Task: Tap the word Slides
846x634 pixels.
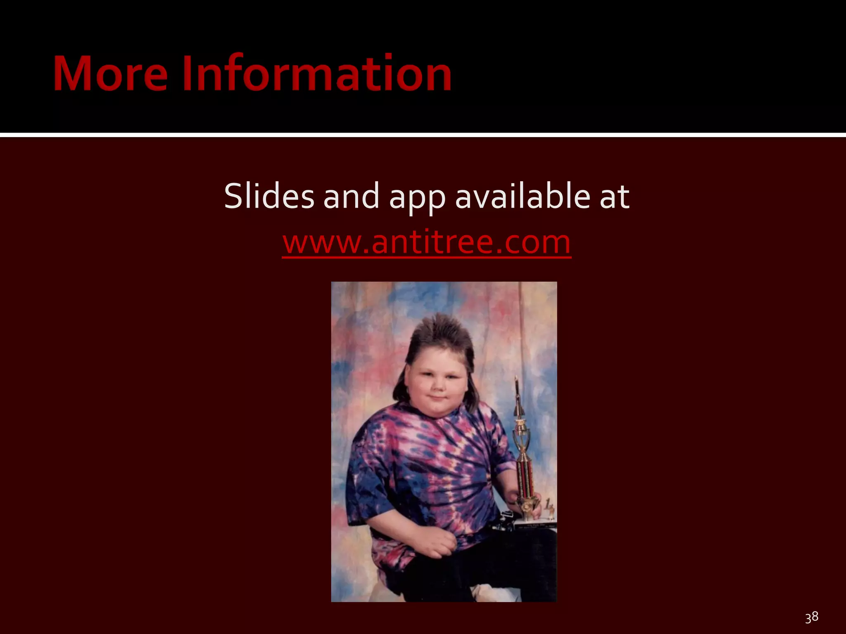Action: tap(269, 196)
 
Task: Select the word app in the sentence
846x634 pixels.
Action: tap(417, 197)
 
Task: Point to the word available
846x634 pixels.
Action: tap(523, 196)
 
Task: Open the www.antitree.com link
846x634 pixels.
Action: tap(427, 242)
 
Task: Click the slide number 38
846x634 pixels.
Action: tap(811, 617)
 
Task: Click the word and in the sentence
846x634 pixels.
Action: tap(351, 196)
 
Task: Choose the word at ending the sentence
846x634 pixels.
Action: tap(614, 196)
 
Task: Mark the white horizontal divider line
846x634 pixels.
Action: tap(423, 135)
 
